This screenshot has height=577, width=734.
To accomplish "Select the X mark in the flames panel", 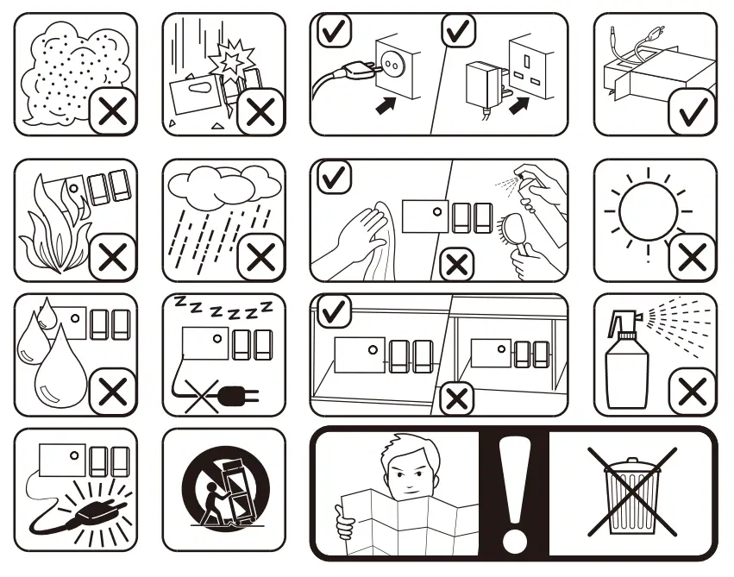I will (x=113, y=256).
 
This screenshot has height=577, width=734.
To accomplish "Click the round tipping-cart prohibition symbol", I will (x=223, y=493).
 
